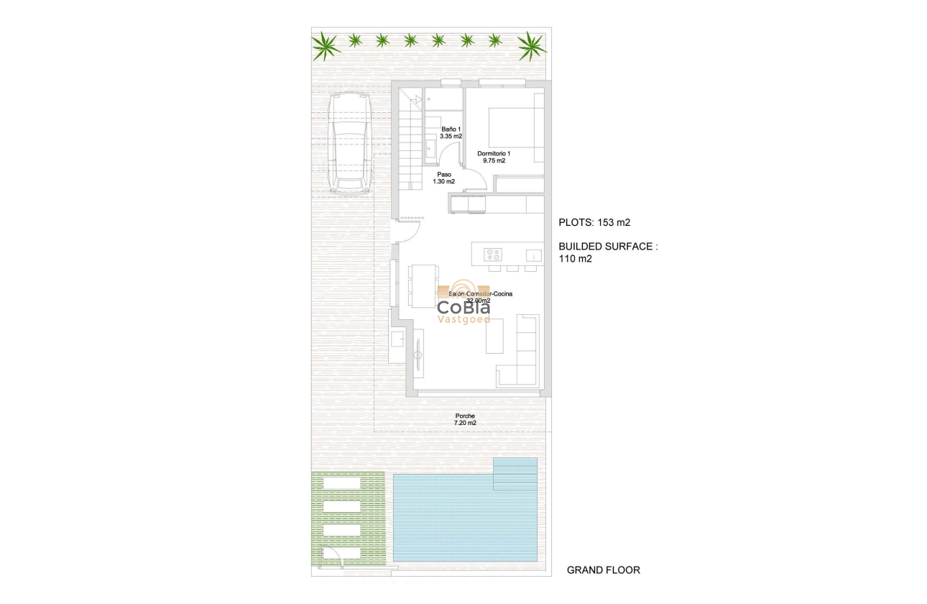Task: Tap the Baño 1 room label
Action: tap(451, 132)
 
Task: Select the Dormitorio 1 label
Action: tap(494, 157)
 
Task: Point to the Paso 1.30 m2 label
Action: tap(444, 178)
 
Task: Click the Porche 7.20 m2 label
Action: tap(465, 419)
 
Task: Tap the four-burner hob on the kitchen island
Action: tap(492, 254)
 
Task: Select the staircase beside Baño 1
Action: tap(408, 144)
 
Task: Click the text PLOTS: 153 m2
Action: tap(594, 222)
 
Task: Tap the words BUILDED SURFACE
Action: tap(608, 246)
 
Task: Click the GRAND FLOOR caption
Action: tap(603, 570)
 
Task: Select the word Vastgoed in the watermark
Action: tap(464, 319)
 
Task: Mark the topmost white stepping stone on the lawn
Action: tap(341, 483)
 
